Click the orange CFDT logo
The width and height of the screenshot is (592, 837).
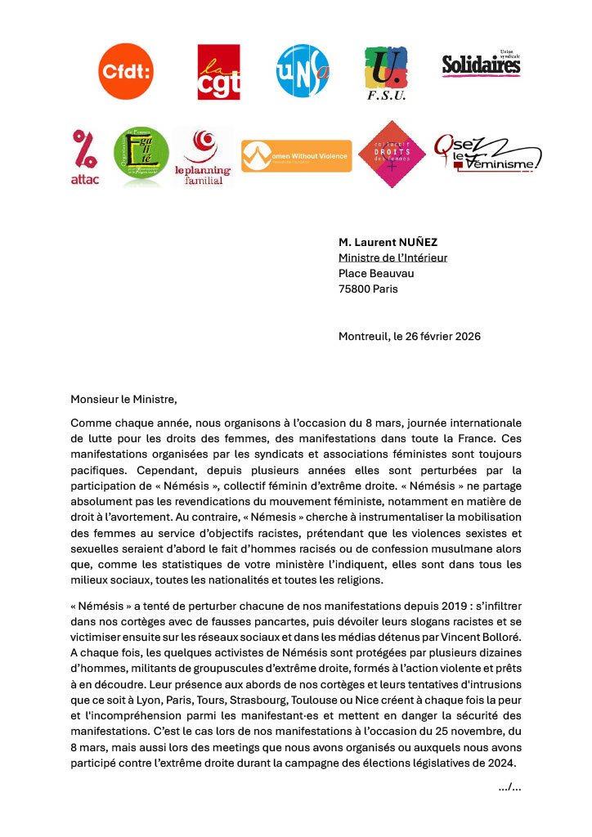(x=125, y=71)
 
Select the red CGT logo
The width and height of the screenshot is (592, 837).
(x=218, y=71)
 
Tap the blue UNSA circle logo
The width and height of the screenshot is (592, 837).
(x=303, y=71)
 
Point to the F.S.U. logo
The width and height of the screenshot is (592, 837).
(x=386, y=73)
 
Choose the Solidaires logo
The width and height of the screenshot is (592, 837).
(x=481, y=64)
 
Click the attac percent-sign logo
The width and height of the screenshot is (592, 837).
(x=84, y=157)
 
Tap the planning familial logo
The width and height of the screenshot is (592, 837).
(x=202, y=157)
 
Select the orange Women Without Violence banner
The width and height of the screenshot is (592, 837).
(x=296, y=155)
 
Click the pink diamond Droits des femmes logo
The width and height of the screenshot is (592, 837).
(x=392, y=154)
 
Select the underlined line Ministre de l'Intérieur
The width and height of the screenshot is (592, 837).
(x=392, y=257)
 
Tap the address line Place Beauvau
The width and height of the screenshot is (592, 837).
(x=372, y=273)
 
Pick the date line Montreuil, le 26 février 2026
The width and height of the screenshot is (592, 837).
(x=410, y=336)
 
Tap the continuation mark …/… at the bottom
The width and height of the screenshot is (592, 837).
(x=509, y=786)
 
